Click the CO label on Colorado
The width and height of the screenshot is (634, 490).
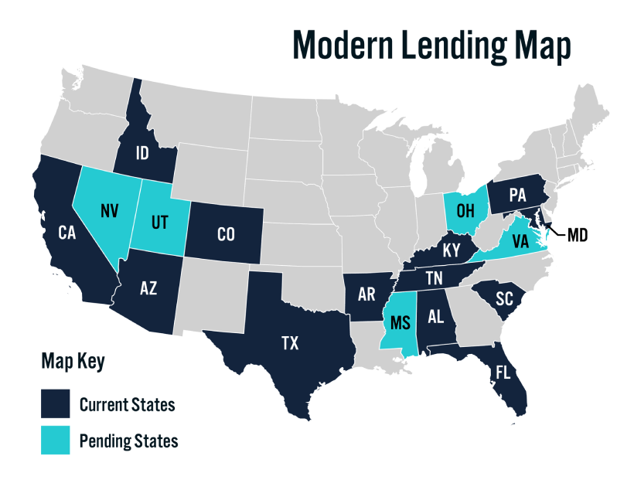click(225, 234)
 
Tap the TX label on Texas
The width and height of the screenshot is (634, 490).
click(290, 343)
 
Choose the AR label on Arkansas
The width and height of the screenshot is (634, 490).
click(364, 294)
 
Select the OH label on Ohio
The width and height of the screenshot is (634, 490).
click(465, 210)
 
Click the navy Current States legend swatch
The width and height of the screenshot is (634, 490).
click(55, 403)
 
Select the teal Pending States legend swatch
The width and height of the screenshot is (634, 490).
click(55, 441)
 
